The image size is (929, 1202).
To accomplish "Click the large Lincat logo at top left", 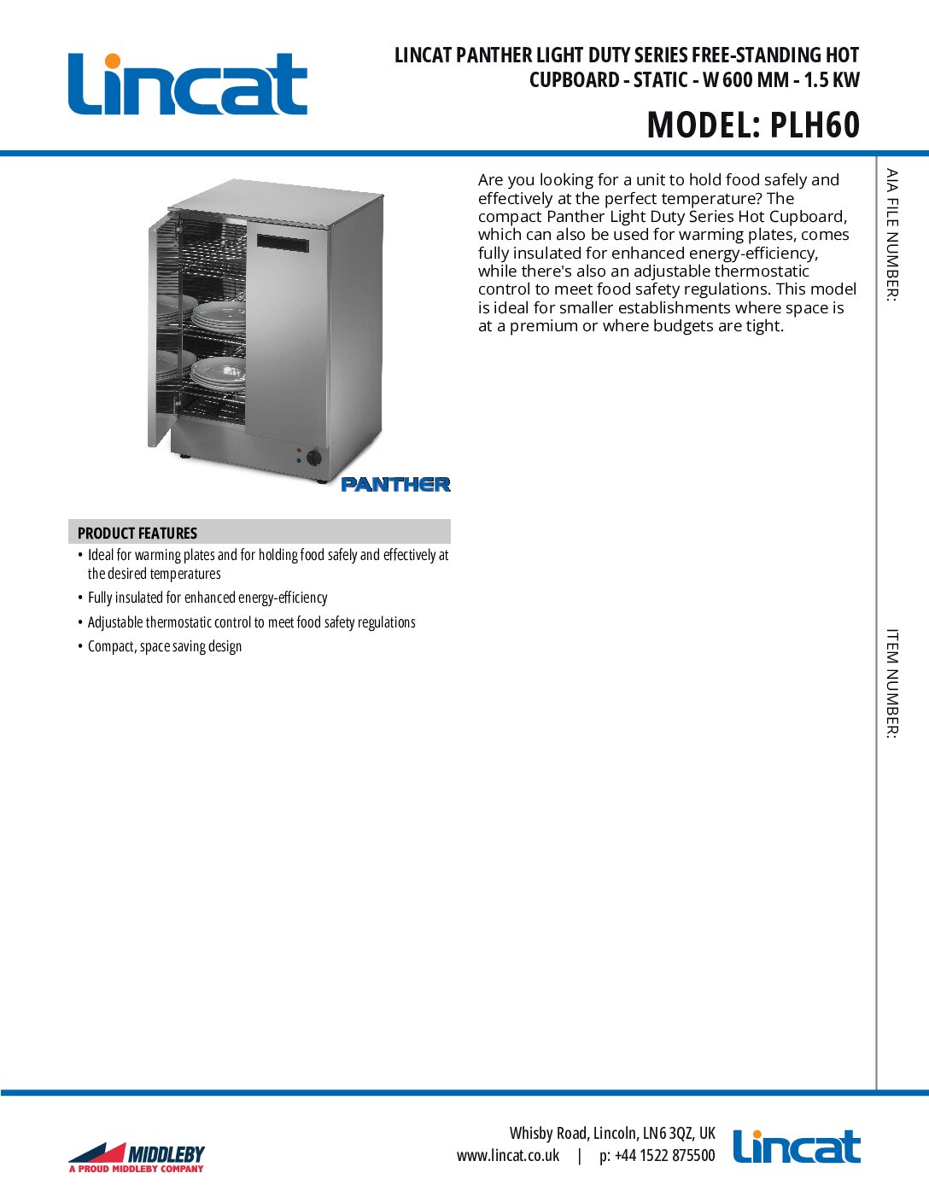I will [x=188, y=84].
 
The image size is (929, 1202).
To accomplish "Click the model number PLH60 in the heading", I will [x=815, y=125].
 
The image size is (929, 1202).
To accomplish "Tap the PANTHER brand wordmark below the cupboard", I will [x=395, y=484].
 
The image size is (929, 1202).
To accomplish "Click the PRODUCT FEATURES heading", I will [x=137, y=533].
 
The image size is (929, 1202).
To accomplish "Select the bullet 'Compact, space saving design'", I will [x=165, y=646].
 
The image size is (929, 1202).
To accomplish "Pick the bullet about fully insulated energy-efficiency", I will [x=207, y=598].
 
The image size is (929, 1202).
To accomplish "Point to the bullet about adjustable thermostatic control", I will [x=252, y=622].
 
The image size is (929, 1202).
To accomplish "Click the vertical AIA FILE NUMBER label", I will [x=891, y=235].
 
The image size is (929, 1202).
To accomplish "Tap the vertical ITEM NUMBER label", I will [x=891, y=683].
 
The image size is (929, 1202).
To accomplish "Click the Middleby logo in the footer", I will [x=137, y=1158].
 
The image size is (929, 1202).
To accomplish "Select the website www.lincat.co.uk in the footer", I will [x=508, y=1155].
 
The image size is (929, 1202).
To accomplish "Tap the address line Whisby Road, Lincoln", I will [x=612, y=1133].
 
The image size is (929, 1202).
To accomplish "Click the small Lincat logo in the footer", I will [x=797, y=1147].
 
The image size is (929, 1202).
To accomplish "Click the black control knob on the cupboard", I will [x=314, y=458].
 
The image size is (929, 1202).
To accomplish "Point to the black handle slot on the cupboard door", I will [x=283, y=243].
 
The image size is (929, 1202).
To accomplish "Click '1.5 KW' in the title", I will [x=832, y=80].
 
